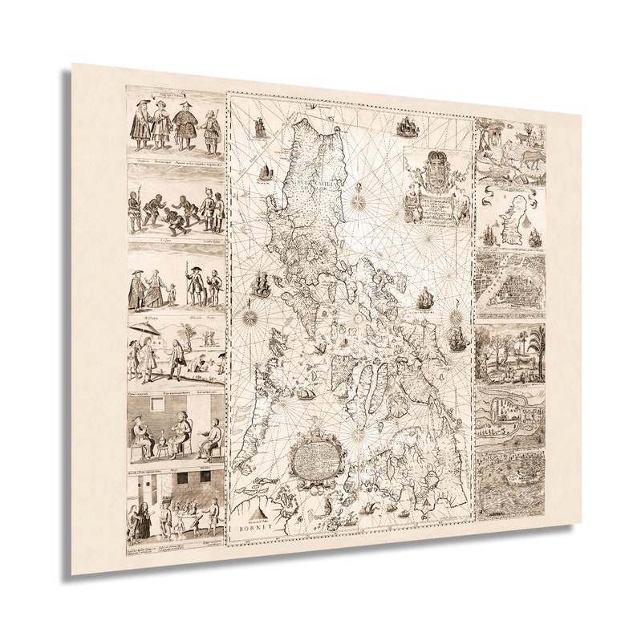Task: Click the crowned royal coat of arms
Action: [x=433, y=170]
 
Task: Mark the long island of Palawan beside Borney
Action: [x=257, y=417]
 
